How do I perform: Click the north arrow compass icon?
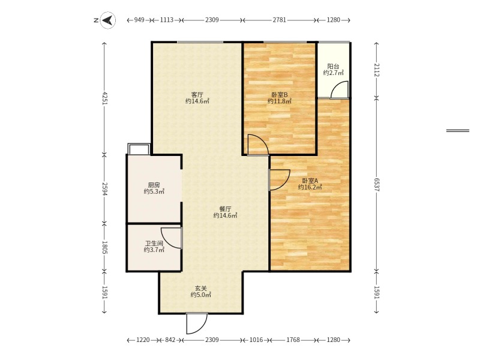107,20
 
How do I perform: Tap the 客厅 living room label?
197,94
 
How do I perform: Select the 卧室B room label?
279,94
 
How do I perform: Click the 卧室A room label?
310,180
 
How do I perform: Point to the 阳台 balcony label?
333,66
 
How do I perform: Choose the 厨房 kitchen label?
154,185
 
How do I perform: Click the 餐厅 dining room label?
225,208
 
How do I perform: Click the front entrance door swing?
196,323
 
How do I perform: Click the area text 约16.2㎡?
310,187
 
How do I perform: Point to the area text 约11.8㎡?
279,101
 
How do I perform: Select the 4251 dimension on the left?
105,98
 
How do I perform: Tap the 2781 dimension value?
279,20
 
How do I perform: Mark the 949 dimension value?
139,20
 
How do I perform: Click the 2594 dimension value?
105,189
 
